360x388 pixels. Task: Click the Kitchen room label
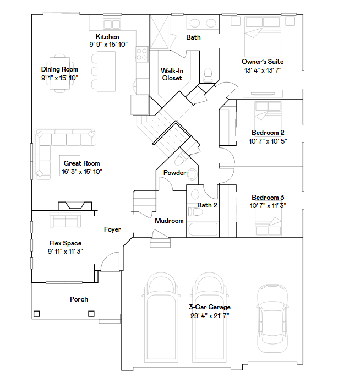107,37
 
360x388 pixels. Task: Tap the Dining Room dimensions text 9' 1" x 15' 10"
59,78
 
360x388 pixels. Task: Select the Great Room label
81,163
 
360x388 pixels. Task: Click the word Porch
79,299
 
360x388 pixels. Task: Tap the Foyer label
113,229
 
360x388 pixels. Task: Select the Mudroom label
169,221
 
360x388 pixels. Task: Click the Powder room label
174,173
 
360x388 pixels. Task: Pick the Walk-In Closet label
172,74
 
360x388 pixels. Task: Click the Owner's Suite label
263,62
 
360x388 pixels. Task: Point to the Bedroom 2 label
268,133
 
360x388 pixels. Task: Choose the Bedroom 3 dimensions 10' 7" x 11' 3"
268,205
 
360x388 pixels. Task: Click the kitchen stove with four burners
141,54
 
